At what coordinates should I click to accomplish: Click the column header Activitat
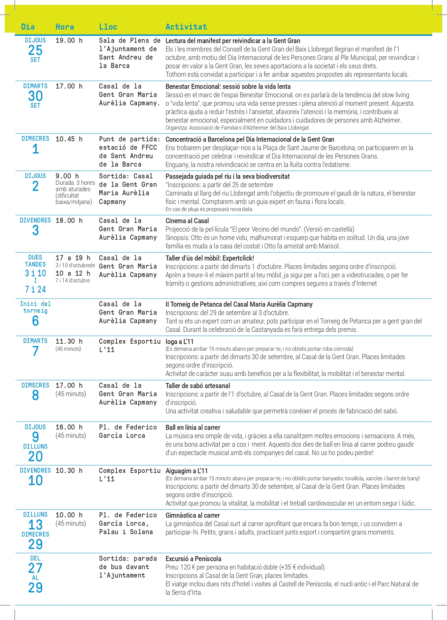186,27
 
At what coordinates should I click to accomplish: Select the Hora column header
65,27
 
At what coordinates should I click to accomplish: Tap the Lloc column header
108,27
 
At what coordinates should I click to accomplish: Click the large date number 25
35,50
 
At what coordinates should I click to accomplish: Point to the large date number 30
35,96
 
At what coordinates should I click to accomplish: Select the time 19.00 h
69,40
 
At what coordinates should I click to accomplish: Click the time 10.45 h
69,139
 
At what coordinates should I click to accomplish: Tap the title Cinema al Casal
187,221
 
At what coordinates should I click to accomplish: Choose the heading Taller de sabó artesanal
198,386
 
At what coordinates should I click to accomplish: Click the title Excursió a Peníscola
194,559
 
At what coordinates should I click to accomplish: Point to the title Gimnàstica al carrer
193,515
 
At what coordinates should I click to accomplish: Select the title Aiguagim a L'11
186,471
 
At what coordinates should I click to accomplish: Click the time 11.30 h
69,341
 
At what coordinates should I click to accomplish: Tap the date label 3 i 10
35,273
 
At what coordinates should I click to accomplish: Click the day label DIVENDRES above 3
35,220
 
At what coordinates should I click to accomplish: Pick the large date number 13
35,525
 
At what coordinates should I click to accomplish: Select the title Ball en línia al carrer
193,427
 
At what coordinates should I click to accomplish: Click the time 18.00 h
69,220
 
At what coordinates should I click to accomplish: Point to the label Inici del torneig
35,307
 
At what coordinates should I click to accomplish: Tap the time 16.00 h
69,427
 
